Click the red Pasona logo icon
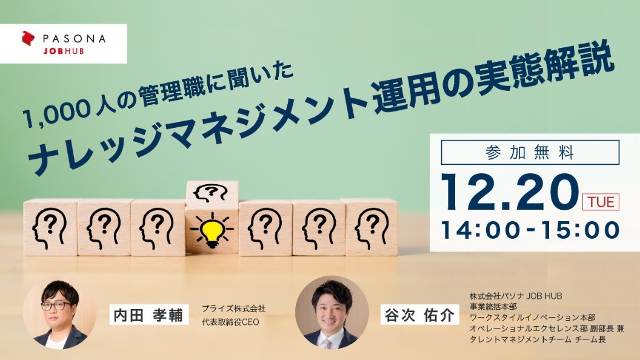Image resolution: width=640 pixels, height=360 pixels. [x=28, y=38]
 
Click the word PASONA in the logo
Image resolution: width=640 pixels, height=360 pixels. [x=75, y=39]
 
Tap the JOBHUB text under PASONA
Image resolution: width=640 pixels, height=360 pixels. [x=63, y=52]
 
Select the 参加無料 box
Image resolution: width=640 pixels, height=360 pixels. [x=530, y=152]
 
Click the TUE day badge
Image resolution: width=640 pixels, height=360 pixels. [x=601, y=202]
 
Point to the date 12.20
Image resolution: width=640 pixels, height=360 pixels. [x=510, y=193]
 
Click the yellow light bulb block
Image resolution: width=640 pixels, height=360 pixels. [x=212, y=230]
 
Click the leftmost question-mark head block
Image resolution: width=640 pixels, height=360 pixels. [x=50, y=227]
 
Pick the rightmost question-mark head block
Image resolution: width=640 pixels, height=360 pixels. [x=372, y=227]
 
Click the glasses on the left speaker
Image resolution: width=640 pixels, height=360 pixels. [x=56, y=305]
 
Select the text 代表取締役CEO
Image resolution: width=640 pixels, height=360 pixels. [x=231, y=322]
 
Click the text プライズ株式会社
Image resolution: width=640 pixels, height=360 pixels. [x=233, y=308]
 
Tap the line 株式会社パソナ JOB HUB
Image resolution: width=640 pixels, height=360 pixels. [x=516, y=296]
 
